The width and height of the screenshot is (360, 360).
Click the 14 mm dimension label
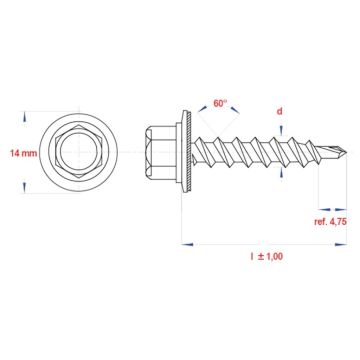tap(22, 152)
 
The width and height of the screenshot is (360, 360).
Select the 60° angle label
tap(220, 102)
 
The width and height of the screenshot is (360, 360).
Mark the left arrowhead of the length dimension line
tap(184, 241)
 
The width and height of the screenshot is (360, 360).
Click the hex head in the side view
tap(161, 152)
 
